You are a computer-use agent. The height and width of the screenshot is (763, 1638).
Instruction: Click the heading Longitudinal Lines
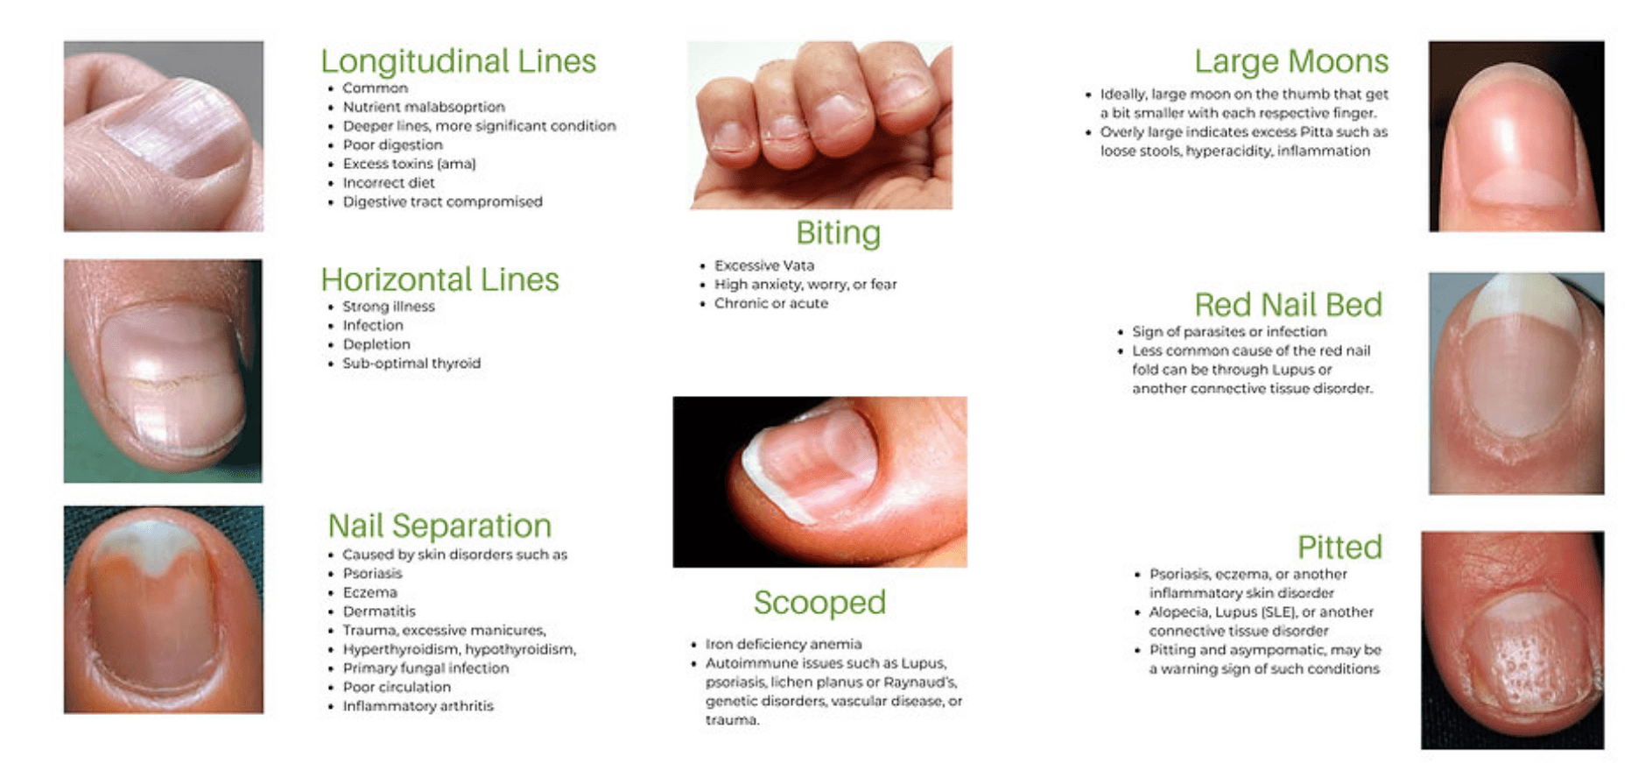tap(458, 62)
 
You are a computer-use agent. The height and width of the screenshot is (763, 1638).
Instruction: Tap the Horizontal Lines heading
tap(439, 279)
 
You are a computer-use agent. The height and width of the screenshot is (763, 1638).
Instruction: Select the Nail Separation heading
tap(439, 526)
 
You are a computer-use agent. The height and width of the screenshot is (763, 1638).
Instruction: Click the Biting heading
tap(838, 234)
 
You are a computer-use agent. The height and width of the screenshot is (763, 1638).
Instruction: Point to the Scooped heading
tap(819, 603)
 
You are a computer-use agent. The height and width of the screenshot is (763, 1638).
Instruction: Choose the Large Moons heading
tap(1291, 61)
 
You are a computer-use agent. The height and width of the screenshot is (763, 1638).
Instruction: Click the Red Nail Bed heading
tap(1289, 305)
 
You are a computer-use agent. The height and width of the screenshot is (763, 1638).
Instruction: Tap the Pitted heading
tap(1339, 548)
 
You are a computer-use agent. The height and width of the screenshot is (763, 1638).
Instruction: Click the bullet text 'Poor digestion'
tap(392, 145)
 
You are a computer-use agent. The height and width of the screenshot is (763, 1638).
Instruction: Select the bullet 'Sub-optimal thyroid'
tap(411, 363)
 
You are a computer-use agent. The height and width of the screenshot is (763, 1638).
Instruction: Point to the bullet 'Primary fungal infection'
tap(425, 668)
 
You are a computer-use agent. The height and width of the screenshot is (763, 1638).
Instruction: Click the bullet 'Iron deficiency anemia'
tap(784, 644)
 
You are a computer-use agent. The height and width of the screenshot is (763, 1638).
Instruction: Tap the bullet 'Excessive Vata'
tap(764, 265)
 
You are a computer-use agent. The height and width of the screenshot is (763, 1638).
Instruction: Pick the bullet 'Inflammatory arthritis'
tap(418, 706)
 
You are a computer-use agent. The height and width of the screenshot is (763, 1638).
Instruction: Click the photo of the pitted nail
tap(1513, 640)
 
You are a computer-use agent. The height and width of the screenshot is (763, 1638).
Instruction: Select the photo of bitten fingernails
tap(820, 125)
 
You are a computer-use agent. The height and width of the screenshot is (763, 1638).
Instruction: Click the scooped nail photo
tap(819, 482)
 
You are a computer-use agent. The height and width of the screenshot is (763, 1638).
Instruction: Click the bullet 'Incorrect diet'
tap(389, 182)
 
